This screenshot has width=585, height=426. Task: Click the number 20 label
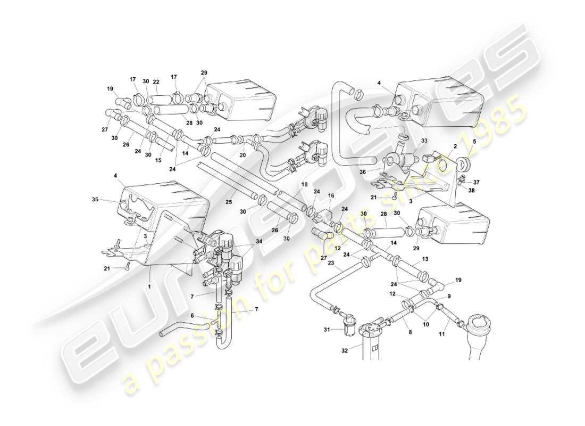point(243,155)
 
